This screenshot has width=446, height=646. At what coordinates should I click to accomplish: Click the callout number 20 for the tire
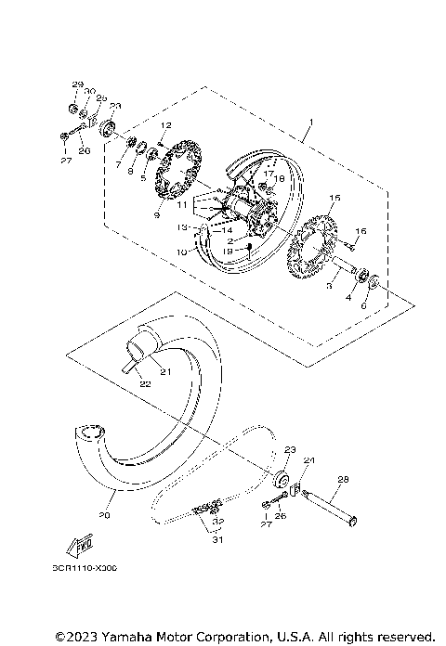click(x=104, y=515)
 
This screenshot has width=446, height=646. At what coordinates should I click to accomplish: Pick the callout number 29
click(x=77, y=84)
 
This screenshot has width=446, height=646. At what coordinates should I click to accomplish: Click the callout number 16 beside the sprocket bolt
click(x=361, y=230)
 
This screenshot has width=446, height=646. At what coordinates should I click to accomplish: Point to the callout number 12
click(x=166, y=124)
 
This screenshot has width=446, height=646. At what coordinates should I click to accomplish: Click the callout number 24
click(x=309, y=459)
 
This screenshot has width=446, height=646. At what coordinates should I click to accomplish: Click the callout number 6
click(x=362, y=305)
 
